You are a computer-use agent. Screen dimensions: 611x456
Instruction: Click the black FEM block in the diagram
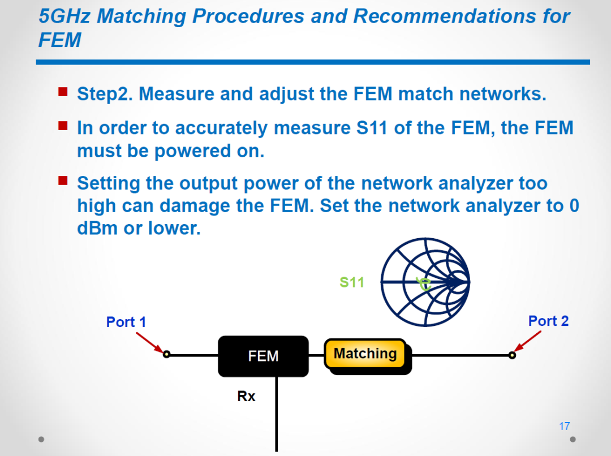coord(263,356)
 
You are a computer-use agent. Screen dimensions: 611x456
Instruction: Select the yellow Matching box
coord(365,354)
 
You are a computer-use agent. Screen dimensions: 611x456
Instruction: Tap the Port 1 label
coord(126,322)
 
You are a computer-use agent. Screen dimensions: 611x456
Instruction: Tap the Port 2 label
coord(548,321)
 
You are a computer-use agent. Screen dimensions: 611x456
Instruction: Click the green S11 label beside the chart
coord(351,282)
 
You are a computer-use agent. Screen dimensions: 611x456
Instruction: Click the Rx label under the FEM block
coord(246,396)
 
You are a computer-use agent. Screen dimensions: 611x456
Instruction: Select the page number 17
coord(564,426)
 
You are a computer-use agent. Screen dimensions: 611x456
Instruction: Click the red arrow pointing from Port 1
coord(149,343)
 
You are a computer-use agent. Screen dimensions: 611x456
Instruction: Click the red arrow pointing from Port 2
coord(527,341)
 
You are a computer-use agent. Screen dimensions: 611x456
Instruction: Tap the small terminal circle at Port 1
coord(166,354)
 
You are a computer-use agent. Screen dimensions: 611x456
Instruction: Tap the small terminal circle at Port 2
coord(512,355)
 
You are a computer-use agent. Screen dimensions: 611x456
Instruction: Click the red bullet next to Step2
coord(63,92)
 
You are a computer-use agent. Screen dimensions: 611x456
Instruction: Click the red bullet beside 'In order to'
coord(63,126)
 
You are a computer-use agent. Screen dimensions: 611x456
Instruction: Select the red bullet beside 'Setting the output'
coord(63,181)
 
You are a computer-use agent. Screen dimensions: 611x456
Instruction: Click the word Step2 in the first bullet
coord(105,94)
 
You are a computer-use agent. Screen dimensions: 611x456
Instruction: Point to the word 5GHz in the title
coord(64,16)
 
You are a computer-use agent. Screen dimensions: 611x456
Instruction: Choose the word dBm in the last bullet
coord(97,229)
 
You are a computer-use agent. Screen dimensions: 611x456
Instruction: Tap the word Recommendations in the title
coord(445,16)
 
